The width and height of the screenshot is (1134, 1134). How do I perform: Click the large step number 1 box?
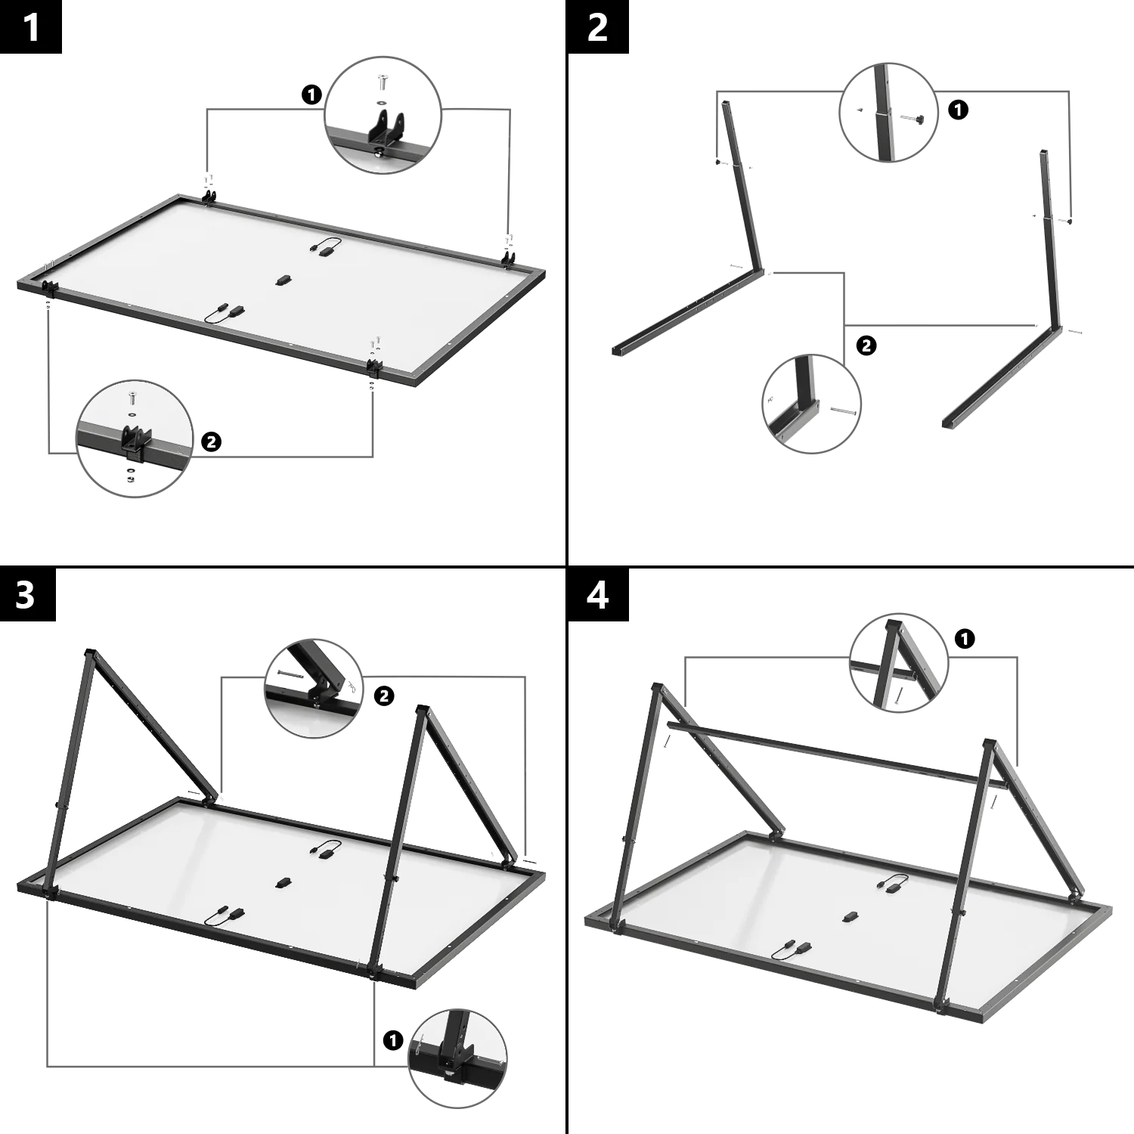[33, 27]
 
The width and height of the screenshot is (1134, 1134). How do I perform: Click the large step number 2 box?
[597, 27]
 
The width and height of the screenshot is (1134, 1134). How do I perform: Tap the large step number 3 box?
[29, 595]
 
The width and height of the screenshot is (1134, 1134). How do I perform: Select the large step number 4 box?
[597, 595]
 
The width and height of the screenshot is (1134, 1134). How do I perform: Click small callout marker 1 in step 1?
[311, 94]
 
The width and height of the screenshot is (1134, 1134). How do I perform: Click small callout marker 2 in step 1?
[211, 442]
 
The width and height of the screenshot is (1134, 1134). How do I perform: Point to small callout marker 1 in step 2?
[959, 110]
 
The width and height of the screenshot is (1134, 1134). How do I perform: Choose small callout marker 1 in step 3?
[392, 1040]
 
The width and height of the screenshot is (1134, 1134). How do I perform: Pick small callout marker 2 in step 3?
[384, 696]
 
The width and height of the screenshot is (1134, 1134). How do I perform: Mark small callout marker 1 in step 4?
[965, 639]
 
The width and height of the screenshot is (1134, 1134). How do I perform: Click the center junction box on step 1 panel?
[283, 280]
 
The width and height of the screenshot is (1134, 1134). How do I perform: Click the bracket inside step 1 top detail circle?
[385, 126]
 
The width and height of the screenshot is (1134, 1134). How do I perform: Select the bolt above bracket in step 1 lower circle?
[132, 398]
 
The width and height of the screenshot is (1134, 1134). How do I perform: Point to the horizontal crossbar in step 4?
[832, 751]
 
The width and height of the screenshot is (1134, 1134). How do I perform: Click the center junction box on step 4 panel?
[850, 916]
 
